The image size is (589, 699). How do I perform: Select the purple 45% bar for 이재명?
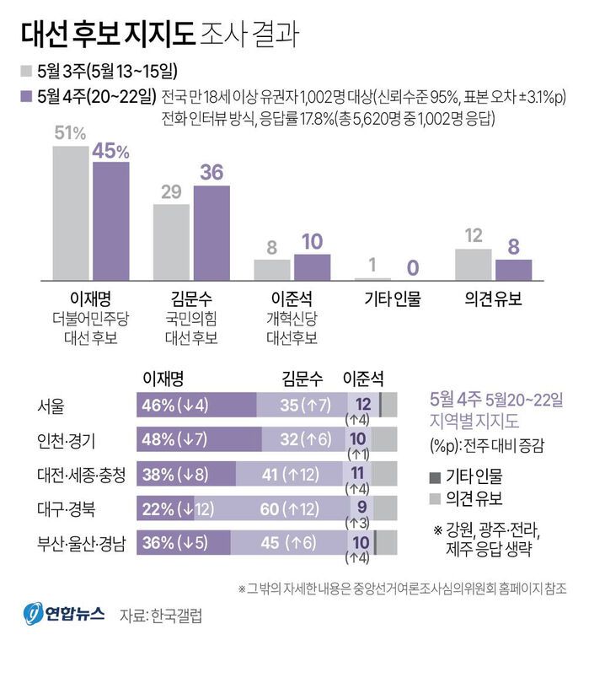point(110,221)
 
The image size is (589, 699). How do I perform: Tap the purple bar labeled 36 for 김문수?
point(212,233)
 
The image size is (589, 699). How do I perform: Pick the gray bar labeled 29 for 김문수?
point(171,241)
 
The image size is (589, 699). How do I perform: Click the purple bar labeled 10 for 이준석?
point(312,266)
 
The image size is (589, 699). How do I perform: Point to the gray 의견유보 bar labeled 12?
point(473,264)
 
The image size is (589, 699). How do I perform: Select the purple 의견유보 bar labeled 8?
point(513,269)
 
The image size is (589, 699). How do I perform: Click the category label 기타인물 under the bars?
point(392,299)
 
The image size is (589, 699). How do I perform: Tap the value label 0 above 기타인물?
point(413,267)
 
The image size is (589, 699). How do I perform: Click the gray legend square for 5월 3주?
point(26,69)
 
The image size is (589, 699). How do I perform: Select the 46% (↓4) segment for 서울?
point(195,406)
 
